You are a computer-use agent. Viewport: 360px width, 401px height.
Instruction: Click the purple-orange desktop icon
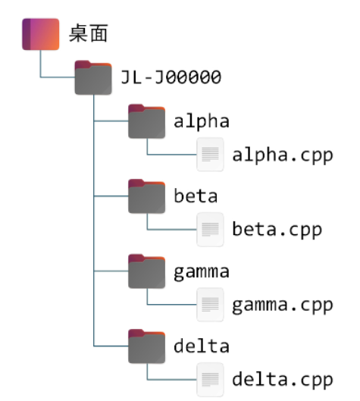click(x=40, y=35)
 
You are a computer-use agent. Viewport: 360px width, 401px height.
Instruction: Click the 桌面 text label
click(x=89, y=34)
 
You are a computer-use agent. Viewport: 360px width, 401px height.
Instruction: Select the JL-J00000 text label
click(x=171, y=77)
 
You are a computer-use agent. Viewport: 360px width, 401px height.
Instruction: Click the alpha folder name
click(x=201, y=121)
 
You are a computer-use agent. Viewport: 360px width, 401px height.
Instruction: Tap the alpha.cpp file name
click(x=282, y=155)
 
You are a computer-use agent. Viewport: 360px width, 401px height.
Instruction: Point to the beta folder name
click(x=196, y=196)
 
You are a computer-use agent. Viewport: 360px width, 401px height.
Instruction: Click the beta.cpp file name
click(x=277, y=229)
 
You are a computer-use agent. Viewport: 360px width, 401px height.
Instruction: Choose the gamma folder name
click(x=201, y=271)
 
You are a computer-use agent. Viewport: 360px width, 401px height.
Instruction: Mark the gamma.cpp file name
click(x=282, y=304)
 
